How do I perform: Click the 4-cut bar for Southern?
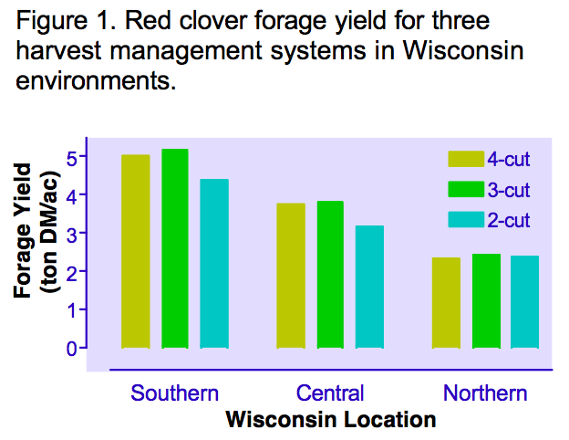[x=136, y=251]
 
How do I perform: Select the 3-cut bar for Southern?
[x=175, y=248]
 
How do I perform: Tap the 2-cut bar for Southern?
[x=214, y=264]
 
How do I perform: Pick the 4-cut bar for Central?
[x=291, y=276]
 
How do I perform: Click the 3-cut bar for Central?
[x=330, y=275]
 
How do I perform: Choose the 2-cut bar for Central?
[x=369, y=287]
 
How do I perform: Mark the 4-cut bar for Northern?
[x=446, y=303]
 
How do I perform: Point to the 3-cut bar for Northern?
[x=486, y=301]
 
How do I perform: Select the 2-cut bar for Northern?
[x=524, y=302]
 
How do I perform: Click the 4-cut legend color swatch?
[x=466, y=159]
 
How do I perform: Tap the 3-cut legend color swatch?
[x=466, y=189]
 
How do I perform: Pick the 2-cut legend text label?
[x=509, y=220]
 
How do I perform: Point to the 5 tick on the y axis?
[x=83, y=156]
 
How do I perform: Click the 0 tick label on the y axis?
[x=71, y=349]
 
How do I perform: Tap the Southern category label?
[x=174, y=393]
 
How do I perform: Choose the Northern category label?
[x=485, y=393]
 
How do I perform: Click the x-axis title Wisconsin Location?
[x=331, y=420]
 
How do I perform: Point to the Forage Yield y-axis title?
[x=23, y=231]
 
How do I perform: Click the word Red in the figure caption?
[x=148, y=21]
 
